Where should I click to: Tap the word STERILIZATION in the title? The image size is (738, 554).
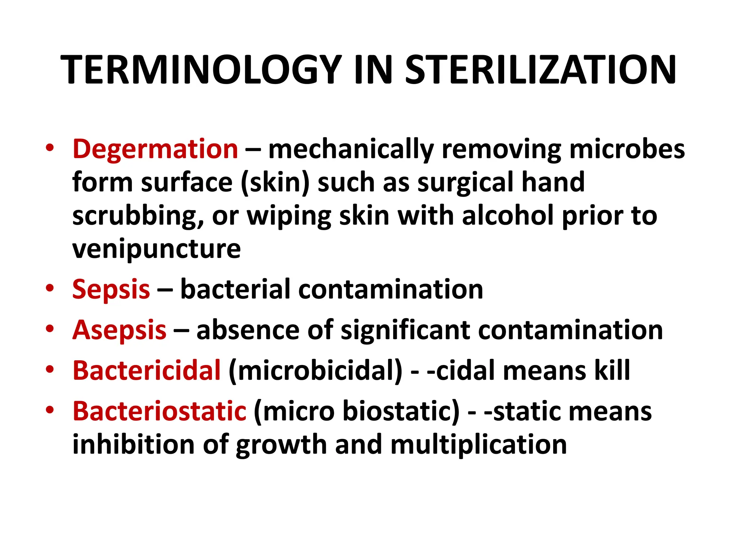point(541,70)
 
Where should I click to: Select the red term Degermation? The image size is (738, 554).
point(155,149)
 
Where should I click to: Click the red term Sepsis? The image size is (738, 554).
point(111,289)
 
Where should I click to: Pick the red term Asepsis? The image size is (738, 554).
point(119,330)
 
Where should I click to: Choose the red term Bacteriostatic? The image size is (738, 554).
point(160,411)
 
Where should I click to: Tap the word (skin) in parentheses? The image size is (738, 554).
point(275,182)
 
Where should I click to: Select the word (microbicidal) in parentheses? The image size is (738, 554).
point(315,370)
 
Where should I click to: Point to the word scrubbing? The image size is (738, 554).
point(138,216)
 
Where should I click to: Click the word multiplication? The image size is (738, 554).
point(479,444)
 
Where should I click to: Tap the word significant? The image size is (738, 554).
point(405,330)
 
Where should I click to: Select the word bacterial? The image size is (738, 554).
point(235,289)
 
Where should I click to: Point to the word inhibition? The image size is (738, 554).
point(134,444)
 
